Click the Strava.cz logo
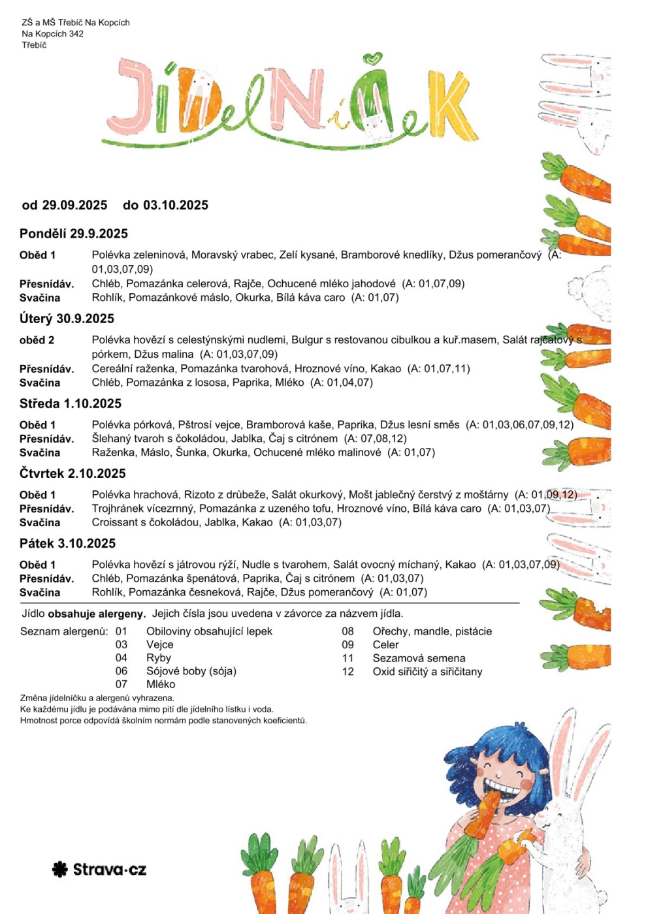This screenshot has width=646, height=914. click(x=99, y=869)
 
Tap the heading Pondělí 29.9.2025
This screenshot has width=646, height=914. click(x=74, y=234)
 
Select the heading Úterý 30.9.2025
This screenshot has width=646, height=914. click(x=67, y=319)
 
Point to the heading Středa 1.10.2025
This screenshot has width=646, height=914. click(x=71, y=403)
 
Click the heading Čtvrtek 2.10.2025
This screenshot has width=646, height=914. click(x=73, y=473)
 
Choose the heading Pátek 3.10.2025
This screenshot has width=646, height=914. click(x=67, y=543)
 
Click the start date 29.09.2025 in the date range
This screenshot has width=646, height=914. click(x=74, y=205)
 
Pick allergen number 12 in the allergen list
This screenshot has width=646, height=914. click(x=347, y=672)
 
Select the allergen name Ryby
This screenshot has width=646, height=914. click(x=159, y=658)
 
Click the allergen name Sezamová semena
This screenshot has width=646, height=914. click(x=419, y=658)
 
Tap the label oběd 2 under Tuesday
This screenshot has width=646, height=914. click(x=37, y=340)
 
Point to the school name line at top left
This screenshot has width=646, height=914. click(x=76, y=22)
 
